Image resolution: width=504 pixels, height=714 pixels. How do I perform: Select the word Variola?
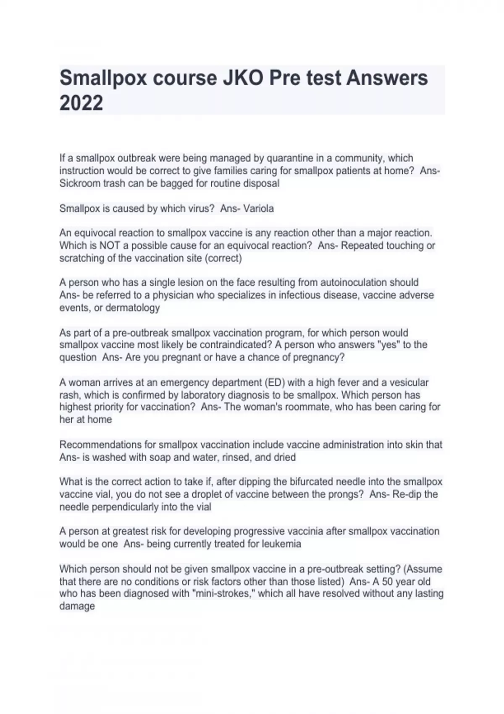(258, 208)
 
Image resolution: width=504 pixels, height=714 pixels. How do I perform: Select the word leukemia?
(281, 544)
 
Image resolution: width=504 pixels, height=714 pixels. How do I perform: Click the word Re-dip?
(407, 494)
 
